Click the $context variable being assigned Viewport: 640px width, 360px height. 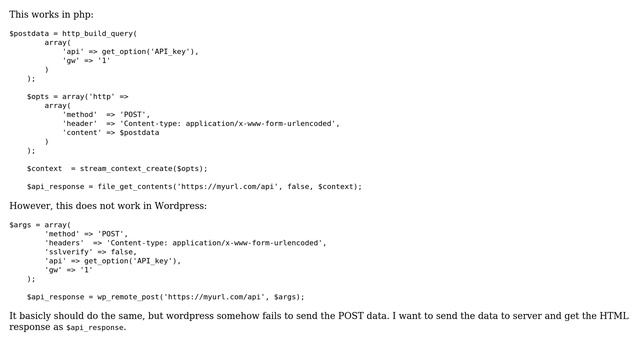click(45, 168)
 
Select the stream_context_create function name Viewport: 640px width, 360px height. click(126, 168)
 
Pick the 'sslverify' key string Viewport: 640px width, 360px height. click(69, 251)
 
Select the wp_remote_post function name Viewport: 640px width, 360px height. click(124, 296)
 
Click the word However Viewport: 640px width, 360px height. click(30, 206)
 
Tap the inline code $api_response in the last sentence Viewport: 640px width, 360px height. click(96, 327)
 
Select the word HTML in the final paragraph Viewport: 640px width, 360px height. click(613, 315)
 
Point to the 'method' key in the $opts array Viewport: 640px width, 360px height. click(79, 114)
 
